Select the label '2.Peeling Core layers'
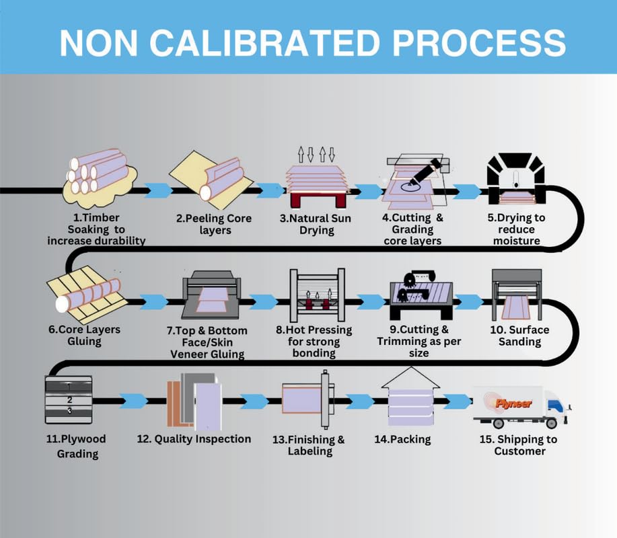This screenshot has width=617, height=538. tap(214, 224)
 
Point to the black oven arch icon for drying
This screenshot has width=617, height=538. tap(516, 179)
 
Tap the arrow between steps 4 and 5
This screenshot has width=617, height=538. tap(467, 191)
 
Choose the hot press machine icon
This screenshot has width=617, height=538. tap(317, 295)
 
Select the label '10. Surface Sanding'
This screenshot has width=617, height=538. tap(519, 336)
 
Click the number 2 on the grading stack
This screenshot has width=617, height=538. tap(70, 400)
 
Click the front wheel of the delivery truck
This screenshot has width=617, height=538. tap(551, 423)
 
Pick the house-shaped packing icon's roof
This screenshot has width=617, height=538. tap(411, 378)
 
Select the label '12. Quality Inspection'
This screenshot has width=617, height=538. tap(194, 439)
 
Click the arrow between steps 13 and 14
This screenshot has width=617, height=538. tap(360, 401)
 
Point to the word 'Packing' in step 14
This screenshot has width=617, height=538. tap(410, 439)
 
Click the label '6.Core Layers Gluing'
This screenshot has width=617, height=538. tap(84, 335)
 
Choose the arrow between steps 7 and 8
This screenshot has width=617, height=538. tap(264, 301)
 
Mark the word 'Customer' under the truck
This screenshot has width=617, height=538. tap(520, 451)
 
